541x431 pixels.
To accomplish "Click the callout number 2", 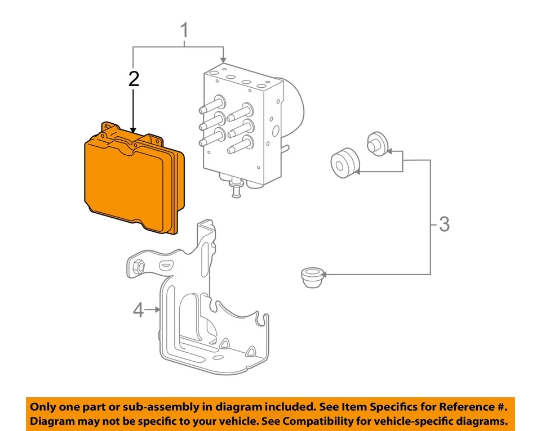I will (133, 79).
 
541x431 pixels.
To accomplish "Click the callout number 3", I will (444, 225).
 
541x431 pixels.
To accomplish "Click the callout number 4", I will (138, 309).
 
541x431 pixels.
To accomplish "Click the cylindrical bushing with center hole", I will (344, 163).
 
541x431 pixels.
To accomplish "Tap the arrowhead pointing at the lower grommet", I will (325, 275).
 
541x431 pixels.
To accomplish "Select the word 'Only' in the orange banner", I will (43, 407).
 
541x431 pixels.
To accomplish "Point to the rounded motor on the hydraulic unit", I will (295, 107).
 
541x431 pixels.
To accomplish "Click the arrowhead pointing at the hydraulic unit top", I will (224, 59).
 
